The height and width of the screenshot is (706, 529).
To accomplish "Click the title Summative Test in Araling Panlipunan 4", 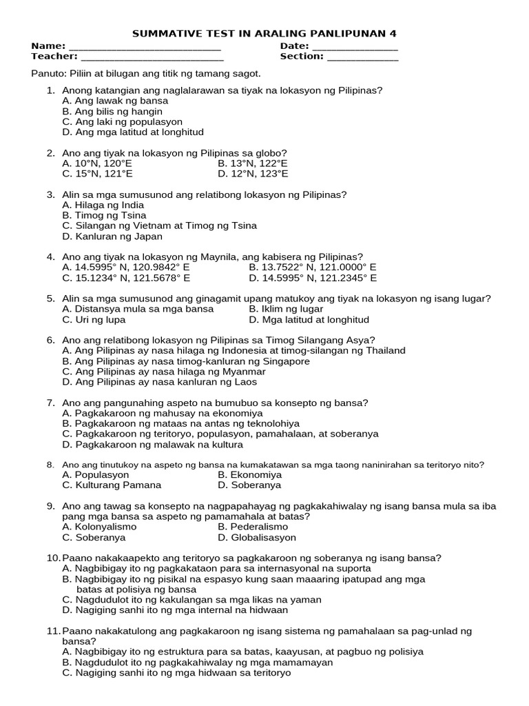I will coord(264,33).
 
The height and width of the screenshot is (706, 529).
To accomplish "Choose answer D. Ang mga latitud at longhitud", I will coord(132,132).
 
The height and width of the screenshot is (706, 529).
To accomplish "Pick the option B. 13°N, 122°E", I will coord(252,163).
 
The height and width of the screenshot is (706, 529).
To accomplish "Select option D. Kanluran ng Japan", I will coord(112,236).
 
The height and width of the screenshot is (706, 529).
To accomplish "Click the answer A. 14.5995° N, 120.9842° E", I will coord(136,268).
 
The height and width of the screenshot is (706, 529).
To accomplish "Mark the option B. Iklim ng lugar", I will coord(285,309).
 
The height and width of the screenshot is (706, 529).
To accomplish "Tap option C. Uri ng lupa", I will coord(94,320).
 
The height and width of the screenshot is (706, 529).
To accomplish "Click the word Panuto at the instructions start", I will coord(47,73).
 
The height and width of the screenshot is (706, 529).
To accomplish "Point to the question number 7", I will coord(50,403).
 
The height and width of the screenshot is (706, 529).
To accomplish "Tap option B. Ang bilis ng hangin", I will coord(112,111).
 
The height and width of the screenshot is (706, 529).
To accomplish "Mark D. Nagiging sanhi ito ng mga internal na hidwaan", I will coord(174,610).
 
